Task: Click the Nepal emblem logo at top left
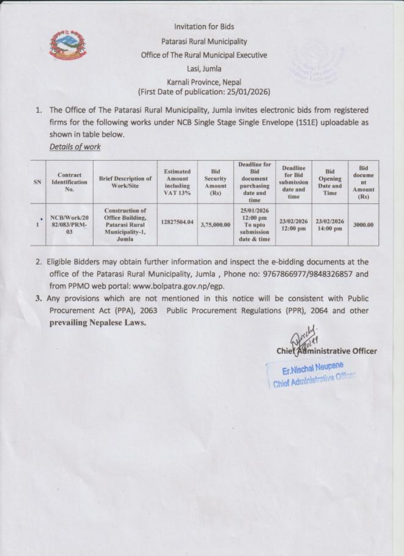[68, 47]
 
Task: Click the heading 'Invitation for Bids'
[204, 26]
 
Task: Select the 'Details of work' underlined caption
[75, 147]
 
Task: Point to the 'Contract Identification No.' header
[70, 181]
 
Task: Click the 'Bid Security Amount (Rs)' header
[215, 181]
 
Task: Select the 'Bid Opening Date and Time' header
[330, 181]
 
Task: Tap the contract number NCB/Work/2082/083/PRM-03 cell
[70, 224]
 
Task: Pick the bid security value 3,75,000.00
[215, 224]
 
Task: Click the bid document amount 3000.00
[363, 224]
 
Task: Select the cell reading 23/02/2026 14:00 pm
[330, 224]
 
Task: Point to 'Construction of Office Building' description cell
[125, 224]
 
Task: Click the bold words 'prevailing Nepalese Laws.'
[98, 323]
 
